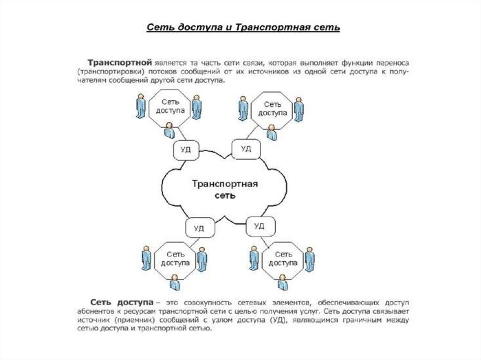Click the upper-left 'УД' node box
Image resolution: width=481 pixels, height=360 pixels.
coord(185,149)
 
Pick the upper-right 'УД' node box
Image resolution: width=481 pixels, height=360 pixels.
coord(245,149)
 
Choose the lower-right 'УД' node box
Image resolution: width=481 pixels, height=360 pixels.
coord(259,226)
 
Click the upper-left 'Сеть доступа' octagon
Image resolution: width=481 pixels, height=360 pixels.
coord(170,107)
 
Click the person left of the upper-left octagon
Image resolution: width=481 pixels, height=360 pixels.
coord(140,106)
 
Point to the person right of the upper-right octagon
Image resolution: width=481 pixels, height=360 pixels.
coord(298,109)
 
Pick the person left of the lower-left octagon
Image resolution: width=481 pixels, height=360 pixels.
coord(147,257)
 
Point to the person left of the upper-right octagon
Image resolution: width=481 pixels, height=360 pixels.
coord(243,108)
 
